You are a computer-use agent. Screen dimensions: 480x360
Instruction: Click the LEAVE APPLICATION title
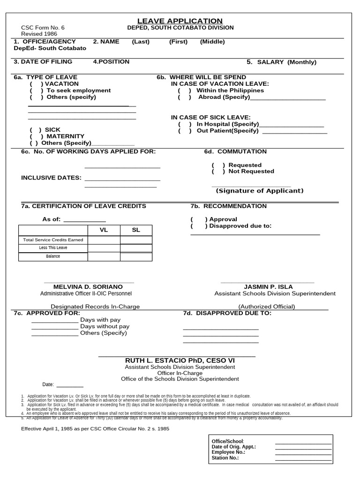click(x=180, y=21)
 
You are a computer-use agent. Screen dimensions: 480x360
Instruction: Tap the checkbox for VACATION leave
click(x=36, y=84)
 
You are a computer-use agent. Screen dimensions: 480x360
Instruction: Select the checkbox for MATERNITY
click(x=36, y=136)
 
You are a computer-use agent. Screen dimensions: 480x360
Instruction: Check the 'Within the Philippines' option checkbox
click(x=184, y=90)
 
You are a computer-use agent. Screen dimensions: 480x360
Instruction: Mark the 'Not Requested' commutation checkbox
click(x=218, y=172)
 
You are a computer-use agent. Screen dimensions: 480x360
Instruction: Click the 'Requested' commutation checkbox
click(x=218, y=165)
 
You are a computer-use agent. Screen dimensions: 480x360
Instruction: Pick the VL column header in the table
click(x=104, y=230)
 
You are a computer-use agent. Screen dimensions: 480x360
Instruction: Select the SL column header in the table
click(x=136, y=230)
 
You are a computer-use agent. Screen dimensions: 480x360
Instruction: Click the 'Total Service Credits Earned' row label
click(x=53, y=240)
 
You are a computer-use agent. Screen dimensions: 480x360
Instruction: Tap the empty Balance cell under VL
click(x=104, y=256)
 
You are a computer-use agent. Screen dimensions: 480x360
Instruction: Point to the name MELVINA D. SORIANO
click(x=88, y=287)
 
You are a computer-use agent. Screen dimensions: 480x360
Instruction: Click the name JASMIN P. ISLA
click(x=268, y=287)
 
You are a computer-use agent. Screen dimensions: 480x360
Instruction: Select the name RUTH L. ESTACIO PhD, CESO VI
click(x=180, y=360)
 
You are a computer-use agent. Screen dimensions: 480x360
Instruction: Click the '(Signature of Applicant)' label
click(x=259, y=191)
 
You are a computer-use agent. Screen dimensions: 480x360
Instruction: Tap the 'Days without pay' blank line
click(x=55, y=327)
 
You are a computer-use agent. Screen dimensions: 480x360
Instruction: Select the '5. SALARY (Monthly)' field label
click(x=281, y=62)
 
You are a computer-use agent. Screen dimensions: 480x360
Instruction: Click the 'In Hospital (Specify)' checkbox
click(x=184, y=124)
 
